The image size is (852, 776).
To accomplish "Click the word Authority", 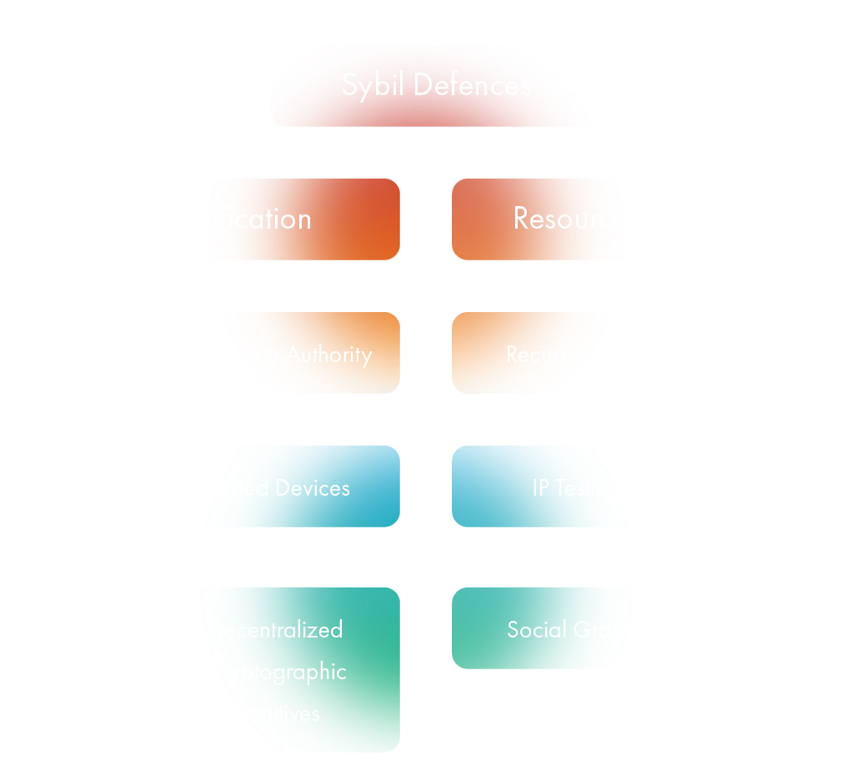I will (328, 355).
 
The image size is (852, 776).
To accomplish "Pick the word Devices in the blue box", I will (313, 488).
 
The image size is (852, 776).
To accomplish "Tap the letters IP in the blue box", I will (541, 488).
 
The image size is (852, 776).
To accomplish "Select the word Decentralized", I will (276, 629).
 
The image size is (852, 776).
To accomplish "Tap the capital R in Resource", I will (522, 219).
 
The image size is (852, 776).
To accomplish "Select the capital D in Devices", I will (283, 488).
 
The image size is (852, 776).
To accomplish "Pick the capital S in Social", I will (513, 630).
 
